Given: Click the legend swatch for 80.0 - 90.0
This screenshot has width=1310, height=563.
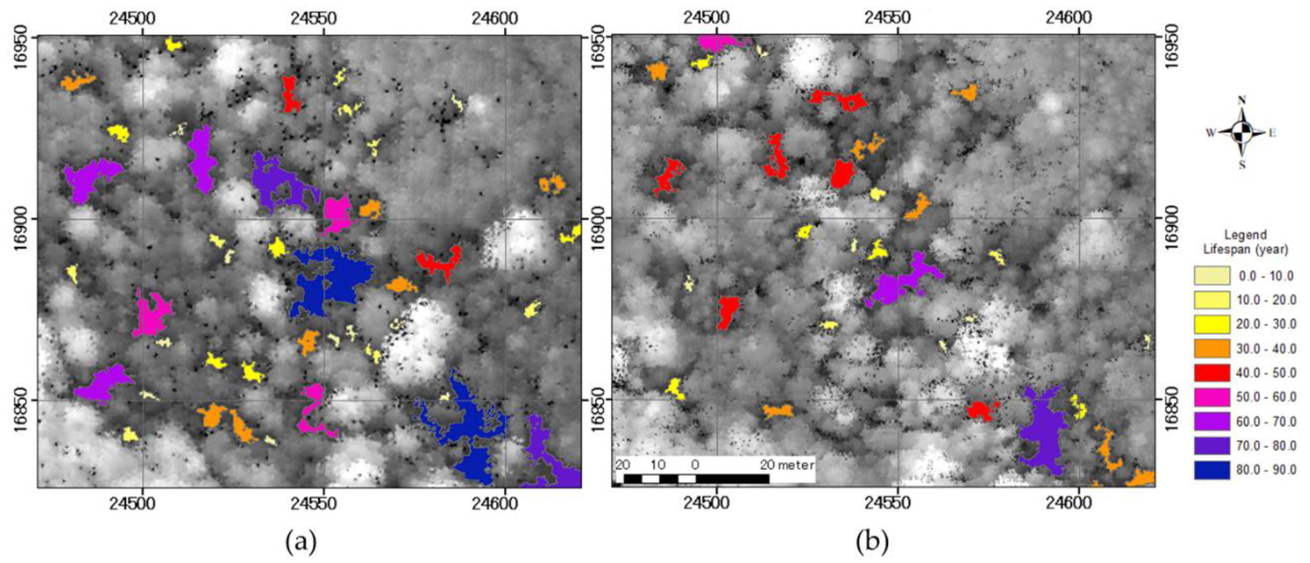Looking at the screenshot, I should click(x=1212, y=470).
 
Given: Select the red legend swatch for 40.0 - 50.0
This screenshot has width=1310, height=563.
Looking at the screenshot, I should click(x=1212, y=373).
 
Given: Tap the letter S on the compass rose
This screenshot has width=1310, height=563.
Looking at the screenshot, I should click(x=1242, y=165).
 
